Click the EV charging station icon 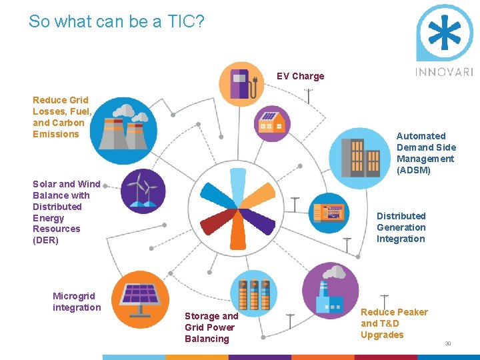coord(241,84)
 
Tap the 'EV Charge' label coord(300,76)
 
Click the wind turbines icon coord(143,191)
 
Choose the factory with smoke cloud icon coord(331,291)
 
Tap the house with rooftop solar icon coord(273,123)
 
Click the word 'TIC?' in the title coord(185,21)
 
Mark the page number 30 coord(448,344)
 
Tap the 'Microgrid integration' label coord(77,301)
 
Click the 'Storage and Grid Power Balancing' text coord(211,327)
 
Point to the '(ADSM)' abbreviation coord(413,170)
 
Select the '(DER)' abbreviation coord(45,240)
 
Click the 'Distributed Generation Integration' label coord(401,227)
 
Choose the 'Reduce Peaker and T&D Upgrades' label coord(393,323)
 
